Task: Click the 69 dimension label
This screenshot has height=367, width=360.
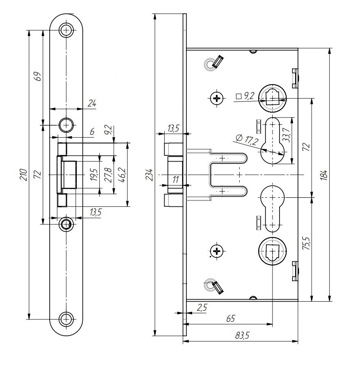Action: tap(37, 76)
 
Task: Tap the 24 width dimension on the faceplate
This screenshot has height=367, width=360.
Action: tap(92, 104)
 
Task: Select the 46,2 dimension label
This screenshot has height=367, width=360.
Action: tap(123, 174)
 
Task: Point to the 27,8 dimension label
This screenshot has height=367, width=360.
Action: tap(109, 174)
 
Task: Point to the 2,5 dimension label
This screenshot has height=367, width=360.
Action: tap(202, 307)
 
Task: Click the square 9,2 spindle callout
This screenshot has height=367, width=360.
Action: tap(245, 96)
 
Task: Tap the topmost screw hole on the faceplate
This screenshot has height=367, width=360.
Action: tap(66, 30)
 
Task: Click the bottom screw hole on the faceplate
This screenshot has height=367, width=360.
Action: tap(66, 318)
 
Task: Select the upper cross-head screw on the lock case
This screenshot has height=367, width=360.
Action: tap(217, 98)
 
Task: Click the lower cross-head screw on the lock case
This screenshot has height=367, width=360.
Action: tap(217, 251)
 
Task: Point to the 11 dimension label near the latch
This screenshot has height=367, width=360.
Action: tap(175, 179)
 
